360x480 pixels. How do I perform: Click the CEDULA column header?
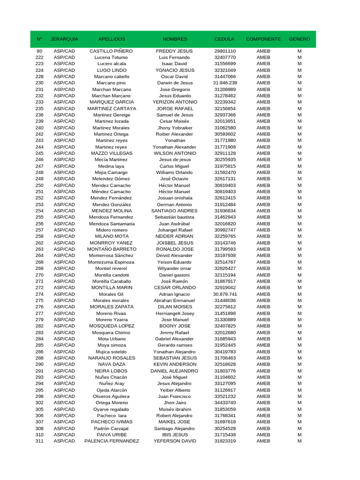[225, 39]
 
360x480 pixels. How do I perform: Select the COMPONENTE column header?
[263, 39]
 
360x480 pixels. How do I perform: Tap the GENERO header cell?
[300, 39]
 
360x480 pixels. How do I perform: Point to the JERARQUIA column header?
[64, 39]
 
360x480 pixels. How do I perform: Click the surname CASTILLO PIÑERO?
[111, 51]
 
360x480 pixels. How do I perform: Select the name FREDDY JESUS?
[174, 51]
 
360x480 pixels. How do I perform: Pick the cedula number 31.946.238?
[225, 83]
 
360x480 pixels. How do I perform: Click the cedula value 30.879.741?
[225, 294]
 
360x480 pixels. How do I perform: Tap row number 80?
[39, 51]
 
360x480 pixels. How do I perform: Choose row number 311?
[39, 441]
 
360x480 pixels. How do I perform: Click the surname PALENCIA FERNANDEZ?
[112, 441]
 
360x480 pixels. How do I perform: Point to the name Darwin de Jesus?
[175, 83]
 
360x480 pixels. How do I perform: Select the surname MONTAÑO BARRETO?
[111, 249]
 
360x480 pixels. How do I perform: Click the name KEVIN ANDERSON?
[175, 364]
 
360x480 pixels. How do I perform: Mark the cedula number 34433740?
[225, 403]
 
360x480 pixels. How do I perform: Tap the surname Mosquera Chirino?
[111, 332]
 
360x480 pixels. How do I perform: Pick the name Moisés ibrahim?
[175, 409]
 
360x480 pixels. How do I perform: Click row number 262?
[39, 243]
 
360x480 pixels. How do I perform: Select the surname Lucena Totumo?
[111, 57]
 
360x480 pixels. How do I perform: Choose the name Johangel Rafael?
[175, 230]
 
